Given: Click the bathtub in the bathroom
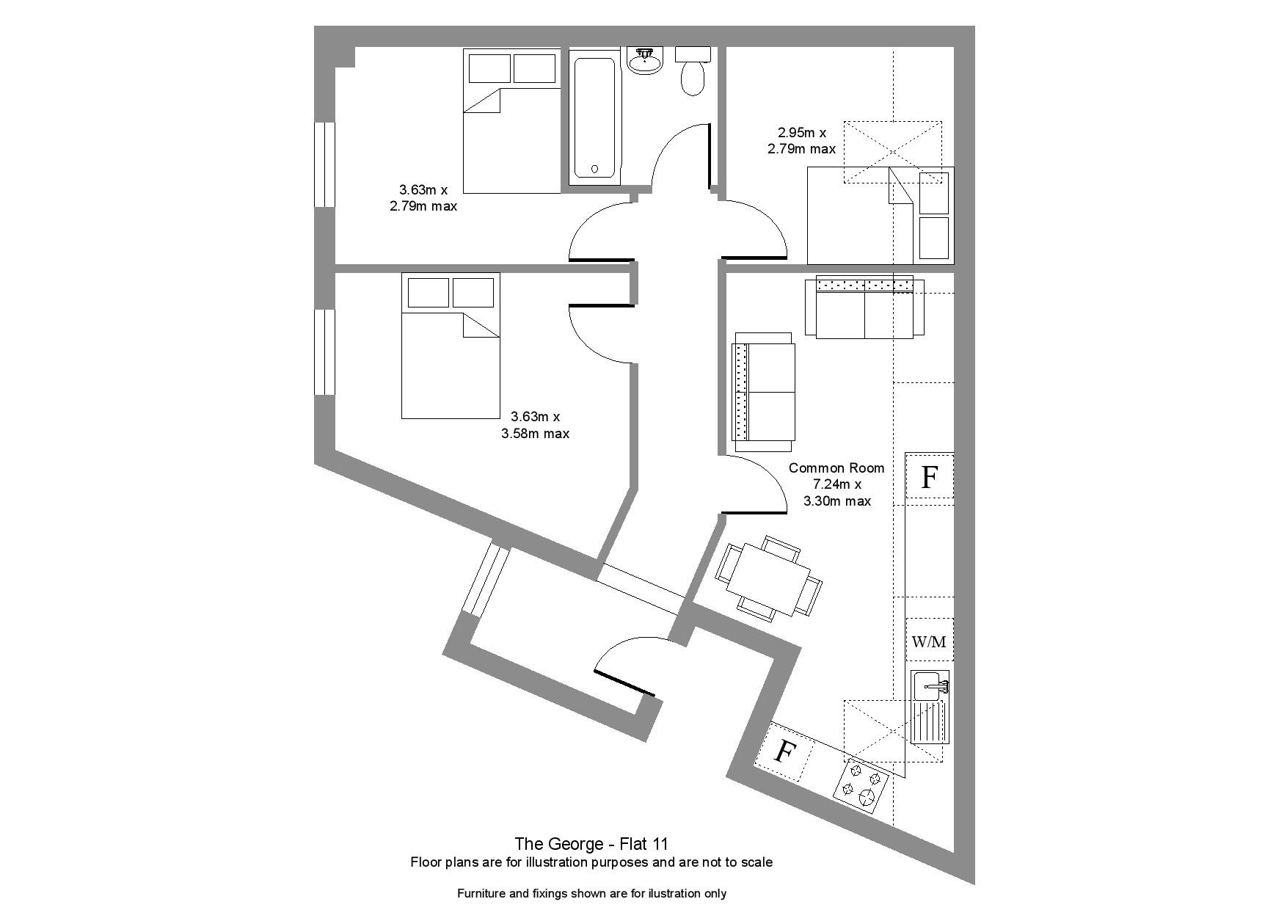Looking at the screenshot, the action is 596,117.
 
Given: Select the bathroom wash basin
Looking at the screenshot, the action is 645,59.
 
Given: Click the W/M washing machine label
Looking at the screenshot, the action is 929,642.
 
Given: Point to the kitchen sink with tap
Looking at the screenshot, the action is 930,707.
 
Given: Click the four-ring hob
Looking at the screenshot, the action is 861,787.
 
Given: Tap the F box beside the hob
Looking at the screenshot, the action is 785,751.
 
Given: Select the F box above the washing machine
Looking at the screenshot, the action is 930,477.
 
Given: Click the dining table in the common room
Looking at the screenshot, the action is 768,576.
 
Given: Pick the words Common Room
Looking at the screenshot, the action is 836,467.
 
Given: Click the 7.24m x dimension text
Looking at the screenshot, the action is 836,484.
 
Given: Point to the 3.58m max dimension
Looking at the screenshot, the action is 535,434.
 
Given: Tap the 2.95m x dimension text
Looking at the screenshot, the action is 802,133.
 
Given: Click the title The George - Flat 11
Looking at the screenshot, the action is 591,844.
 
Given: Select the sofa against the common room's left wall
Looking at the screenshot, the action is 764,392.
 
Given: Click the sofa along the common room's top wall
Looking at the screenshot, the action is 864,307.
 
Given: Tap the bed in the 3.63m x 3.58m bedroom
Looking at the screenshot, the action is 451,346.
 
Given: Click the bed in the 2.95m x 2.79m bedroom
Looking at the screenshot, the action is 881,215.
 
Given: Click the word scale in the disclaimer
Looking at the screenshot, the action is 756,862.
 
